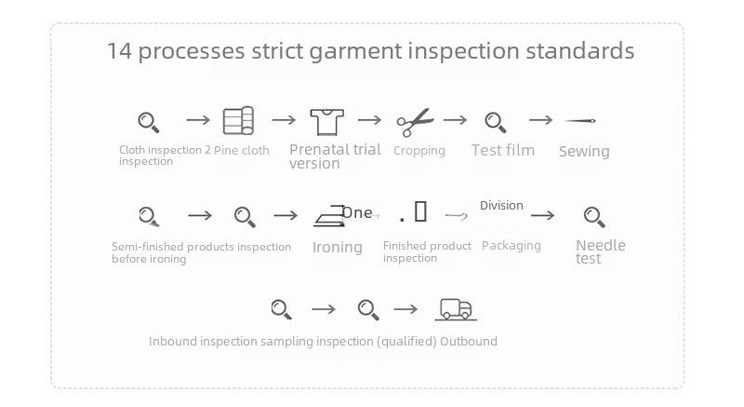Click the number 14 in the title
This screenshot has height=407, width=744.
[119, 51]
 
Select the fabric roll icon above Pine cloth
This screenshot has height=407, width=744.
[238, 121]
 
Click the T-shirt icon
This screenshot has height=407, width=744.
[327, 122]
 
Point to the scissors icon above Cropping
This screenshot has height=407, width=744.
[415, 122]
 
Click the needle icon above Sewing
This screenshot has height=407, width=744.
[579, 121]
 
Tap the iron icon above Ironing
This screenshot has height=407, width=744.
[329, 217]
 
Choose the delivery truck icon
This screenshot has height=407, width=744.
[456, 309]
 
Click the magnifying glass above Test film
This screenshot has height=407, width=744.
[496, 122]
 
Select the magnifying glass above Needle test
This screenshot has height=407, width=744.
[594, 217]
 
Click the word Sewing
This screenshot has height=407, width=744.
[584, 152]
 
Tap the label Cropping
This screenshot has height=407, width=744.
[419, 151]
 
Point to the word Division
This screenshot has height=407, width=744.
[501, 206]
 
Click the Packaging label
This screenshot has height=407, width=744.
[511, 246]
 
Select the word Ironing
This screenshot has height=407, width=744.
[338, 247]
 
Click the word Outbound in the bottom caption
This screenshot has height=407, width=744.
[469, 342]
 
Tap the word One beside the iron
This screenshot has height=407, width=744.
[357, 212]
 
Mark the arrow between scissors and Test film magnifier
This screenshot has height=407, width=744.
[455, 120]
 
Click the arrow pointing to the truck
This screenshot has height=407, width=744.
[405, 309]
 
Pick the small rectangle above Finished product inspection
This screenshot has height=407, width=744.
[420, 211]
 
